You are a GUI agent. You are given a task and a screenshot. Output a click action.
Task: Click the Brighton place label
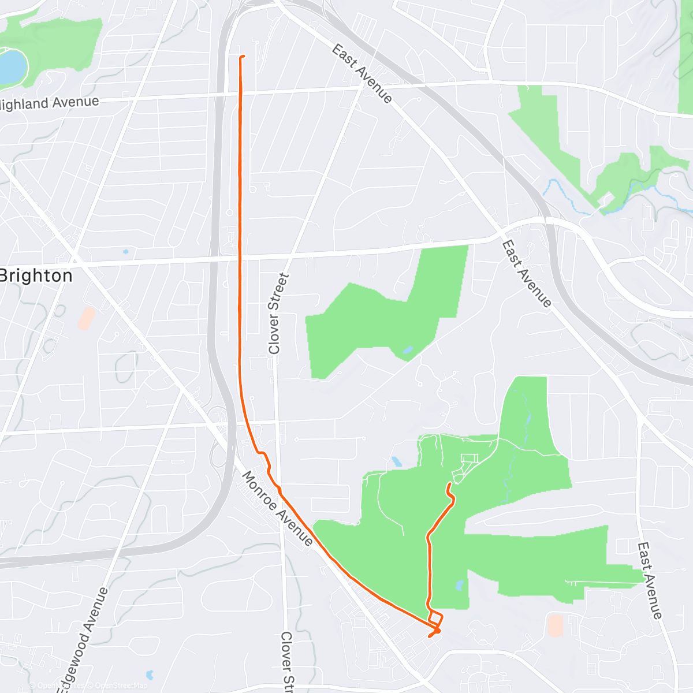36,275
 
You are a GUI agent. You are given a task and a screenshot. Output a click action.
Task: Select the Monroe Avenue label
277,509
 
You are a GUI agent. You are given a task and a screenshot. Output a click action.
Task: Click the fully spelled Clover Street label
278,314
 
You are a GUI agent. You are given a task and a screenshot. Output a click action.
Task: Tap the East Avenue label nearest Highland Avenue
362,74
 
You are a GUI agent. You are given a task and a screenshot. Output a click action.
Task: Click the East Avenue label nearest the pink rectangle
650,580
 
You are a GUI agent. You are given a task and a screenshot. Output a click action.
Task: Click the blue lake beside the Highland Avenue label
12,66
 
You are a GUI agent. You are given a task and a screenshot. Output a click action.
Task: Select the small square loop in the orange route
435,617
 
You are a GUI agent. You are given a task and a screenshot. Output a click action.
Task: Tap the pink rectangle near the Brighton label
87,318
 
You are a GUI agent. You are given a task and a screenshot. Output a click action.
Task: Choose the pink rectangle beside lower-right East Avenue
555,625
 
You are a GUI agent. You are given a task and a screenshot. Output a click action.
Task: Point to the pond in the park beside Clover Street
408,350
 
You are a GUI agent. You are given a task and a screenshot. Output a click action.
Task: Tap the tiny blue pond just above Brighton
125,252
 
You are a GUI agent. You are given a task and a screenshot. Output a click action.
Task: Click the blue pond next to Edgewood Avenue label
150,675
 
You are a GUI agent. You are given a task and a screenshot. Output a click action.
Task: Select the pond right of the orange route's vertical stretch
459,586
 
